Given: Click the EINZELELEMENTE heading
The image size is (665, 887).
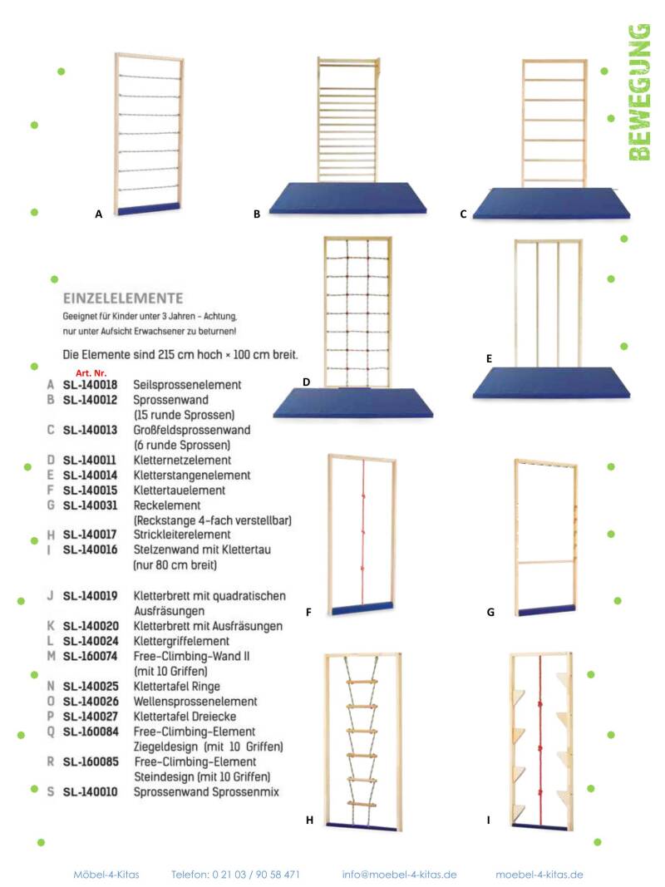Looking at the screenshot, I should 123,297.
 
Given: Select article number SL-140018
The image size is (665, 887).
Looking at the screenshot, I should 90,386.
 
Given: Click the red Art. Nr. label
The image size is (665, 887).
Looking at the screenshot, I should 91,373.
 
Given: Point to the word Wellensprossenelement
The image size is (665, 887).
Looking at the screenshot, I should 195,702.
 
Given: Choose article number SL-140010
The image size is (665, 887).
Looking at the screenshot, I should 90,792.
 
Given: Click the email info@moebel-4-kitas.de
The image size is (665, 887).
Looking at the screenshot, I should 399,875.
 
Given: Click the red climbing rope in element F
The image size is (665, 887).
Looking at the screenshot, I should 363,532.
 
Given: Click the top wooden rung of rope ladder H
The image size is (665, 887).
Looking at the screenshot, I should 363,684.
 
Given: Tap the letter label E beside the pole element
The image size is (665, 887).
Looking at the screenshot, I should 490,359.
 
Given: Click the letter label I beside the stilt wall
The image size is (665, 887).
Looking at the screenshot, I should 489,820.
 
